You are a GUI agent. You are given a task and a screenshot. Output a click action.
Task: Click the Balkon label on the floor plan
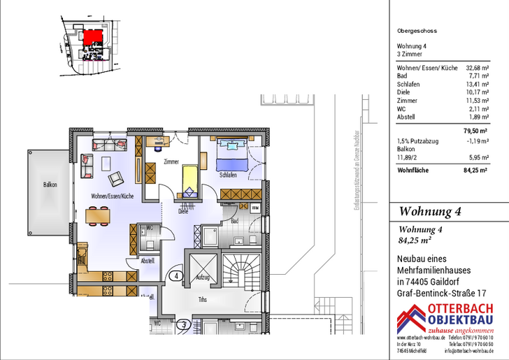49,185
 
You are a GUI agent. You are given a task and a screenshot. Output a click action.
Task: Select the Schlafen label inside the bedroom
227,175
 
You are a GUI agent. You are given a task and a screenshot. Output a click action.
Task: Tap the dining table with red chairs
98,216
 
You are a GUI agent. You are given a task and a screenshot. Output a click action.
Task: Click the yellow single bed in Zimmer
189,180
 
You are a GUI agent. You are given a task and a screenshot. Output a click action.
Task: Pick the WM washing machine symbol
255,208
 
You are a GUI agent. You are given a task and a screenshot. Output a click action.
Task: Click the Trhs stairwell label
202,301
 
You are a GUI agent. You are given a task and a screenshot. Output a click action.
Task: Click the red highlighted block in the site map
92,38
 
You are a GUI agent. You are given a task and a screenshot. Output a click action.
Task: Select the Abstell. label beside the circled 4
148,261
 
